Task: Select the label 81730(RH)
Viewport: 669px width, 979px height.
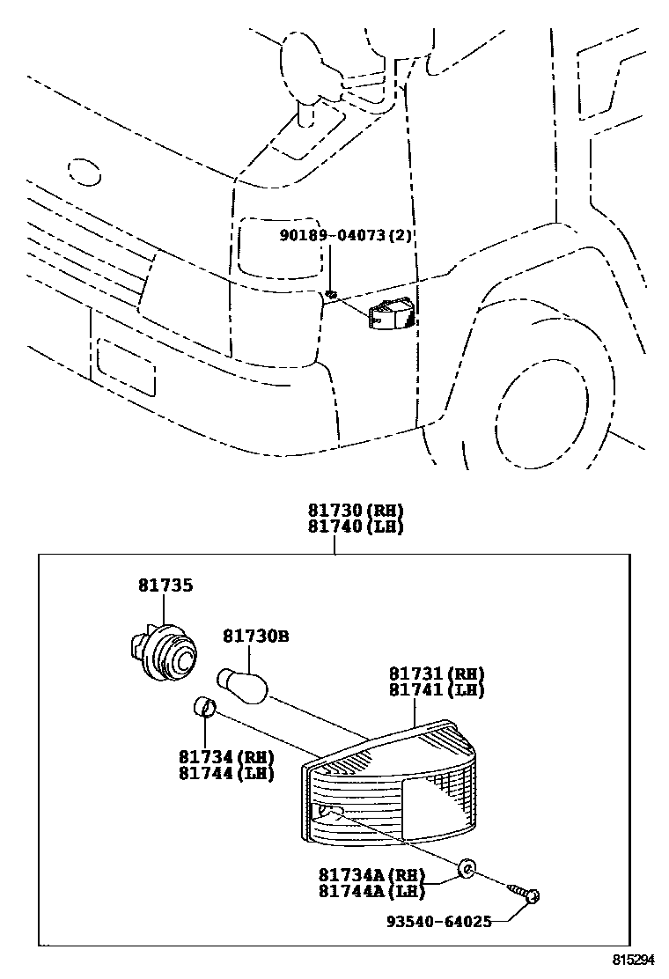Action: click(355, 512)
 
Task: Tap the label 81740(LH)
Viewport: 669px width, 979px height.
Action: click(355, 527)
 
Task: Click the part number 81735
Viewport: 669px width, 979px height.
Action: click(165, 585)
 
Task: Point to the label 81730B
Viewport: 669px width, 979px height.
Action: click(254, 635)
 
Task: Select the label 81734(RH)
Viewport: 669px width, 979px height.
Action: click(226, 758)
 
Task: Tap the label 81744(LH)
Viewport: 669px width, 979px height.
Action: click(226, 774)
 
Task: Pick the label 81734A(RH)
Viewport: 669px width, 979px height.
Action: click(371, 875)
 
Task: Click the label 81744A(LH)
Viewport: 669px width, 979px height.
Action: click(371, 891)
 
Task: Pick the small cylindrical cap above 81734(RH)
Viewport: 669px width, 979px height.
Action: click(203, 706)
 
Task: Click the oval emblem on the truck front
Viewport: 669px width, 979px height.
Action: click(85, 173)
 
